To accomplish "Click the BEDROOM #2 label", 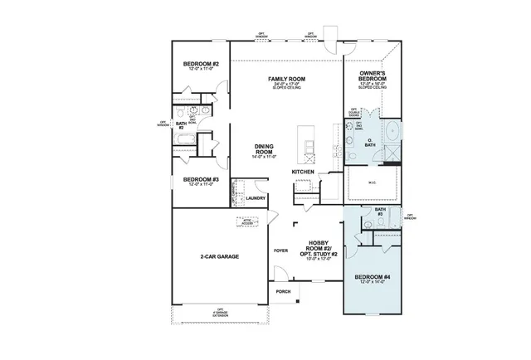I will tap(201, 64).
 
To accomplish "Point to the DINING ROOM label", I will tap(263, 149).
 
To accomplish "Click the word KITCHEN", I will tap(303, 172).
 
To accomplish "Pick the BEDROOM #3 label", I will tap(201, 179).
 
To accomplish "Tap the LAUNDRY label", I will tap(256, 198).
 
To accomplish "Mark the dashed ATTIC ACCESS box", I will tap(247, 221).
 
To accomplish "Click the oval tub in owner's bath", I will tap(391, 131).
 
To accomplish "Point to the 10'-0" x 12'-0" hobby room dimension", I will tap(319, 259).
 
